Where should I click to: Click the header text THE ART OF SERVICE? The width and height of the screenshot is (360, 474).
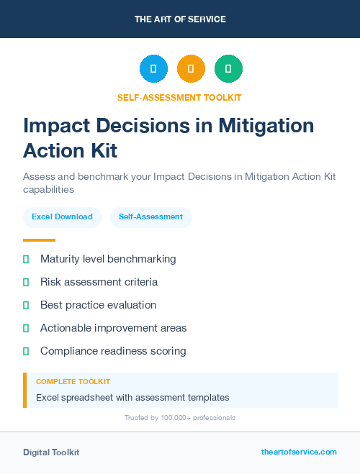[x=180, y=19]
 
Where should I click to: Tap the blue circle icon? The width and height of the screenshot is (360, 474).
[x=153, y=69]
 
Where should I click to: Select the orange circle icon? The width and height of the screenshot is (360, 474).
[x=191, y=69]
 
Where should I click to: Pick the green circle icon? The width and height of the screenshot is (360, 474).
[x=228, y=69]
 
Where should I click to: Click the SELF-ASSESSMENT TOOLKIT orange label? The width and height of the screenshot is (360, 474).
[x=179, y=97]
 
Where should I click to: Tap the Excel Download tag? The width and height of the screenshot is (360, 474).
[x=62, y=217]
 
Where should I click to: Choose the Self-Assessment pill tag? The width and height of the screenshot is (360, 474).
[x=150, y=217]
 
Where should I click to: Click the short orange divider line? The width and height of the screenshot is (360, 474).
[x=39, y=240]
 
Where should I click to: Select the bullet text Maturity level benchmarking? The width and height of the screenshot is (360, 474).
[x=108, y=259]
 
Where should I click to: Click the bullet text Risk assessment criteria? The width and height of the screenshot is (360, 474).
[x=99, y=282]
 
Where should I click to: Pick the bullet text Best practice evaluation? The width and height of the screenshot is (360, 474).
[x=98, y=305]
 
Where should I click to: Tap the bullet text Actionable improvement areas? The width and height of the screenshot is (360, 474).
[x=113, y=328]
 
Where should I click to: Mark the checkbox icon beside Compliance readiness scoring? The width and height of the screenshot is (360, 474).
[x=26, y=351]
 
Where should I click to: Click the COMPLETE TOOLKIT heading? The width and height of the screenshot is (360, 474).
[x=73, y=382]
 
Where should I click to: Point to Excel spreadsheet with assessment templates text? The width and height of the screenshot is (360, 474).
[x=132, y=397]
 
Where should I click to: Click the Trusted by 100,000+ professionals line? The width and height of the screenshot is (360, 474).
[x=179, y=417]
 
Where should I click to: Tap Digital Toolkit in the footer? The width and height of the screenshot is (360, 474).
[x=51, y=452]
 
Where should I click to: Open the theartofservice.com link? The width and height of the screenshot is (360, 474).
[x=299, y=452]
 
